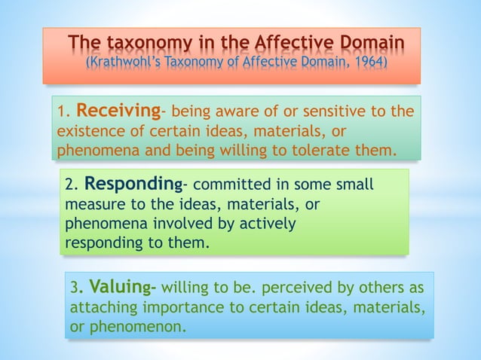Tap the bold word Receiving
(x=118, y=112)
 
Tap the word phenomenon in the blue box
(x=135, y=328)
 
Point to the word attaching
(x=100, y=308)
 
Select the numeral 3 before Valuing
(x=74, y=288)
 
